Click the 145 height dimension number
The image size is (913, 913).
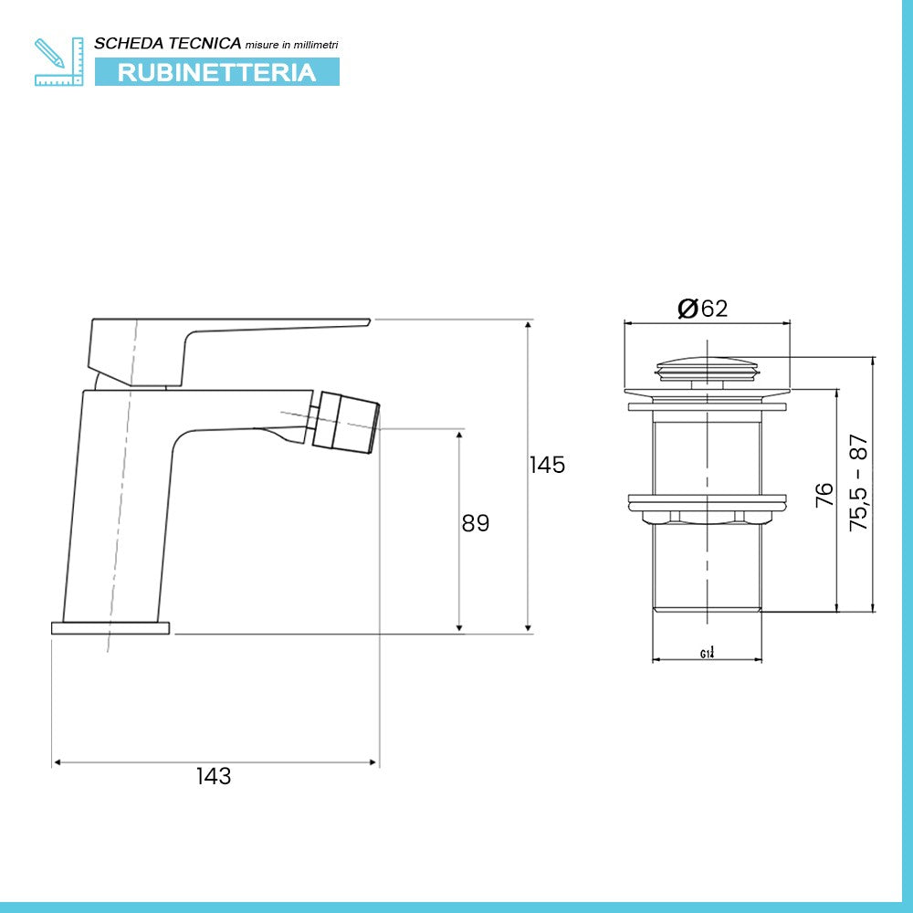point(548,465)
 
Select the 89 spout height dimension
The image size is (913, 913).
point(476,523)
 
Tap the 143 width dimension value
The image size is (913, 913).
point(214,776)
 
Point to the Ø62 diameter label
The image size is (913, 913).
point(703,309)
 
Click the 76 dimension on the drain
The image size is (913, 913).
point(824,494)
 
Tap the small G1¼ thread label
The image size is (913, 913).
point(708,653)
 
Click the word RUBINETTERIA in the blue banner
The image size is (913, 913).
point(216,72)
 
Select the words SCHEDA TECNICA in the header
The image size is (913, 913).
point(168,43)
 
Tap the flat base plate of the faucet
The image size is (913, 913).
point(110,628)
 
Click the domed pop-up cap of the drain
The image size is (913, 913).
point(707,367)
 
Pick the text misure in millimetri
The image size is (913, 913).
point(291,45)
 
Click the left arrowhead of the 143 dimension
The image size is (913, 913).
point(56,761)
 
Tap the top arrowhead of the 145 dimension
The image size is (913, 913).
point(528,324)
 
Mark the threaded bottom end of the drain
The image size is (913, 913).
point(707,606)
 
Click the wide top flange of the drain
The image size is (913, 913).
point(707,394)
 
